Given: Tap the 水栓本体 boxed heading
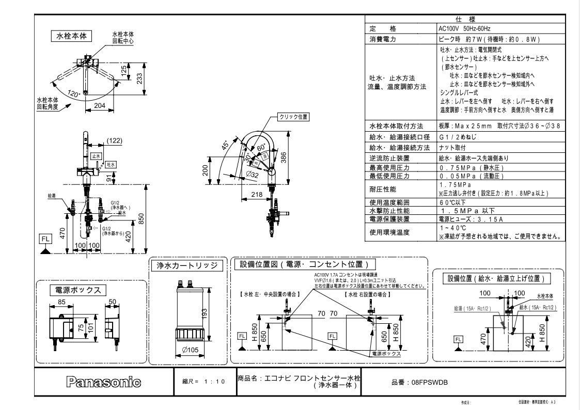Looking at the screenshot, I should click(x=71, y=36).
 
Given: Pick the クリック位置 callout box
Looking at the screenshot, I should click(x=293, y=117).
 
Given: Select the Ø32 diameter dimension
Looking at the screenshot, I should click(x=253, y=175).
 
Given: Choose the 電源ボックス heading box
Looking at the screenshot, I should click(x=77, y=289).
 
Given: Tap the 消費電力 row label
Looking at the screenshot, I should click(x=382, y=39).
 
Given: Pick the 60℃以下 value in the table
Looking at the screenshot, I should click(x=449, y=202).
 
